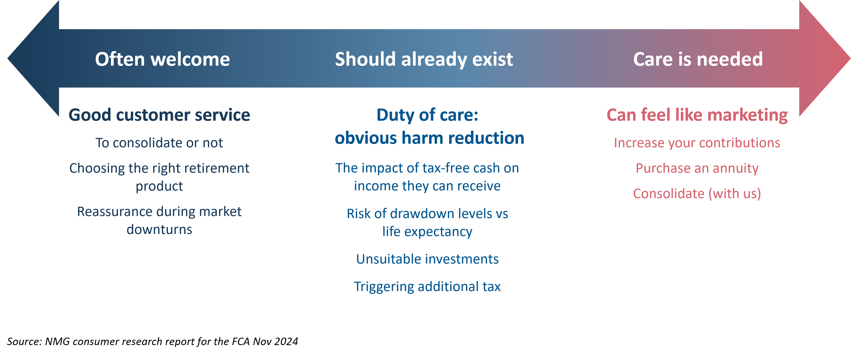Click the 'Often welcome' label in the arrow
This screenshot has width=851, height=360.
click(162, 59)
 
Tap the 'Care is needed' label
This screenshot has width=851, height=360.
click(698, 59)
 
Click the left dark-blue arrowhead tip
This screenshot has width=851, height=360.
click(8, 59)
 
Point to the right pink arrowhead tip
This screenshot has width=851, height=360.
click(850, 59)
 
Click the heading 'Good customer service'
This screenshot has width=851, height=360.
click(159, 115)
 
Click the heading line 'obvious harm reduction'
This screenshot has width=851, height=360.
click(429, 138)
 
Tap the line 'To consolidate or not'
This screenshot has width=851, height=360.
click(159, 143)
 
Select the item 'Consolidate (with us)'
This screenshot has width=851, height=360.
click(697, 194)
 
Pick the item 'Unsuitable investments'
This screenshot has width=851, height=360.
click(427, 259)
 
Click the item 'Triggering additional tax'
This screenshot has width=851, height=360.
click(427, 287)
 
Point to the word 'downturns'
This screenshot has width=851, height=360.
click(159, 230)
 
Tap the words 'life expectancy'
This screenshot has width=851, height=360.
click(427, 232)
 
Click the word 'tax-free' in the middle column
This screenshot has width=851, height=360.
click(443, 168)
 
